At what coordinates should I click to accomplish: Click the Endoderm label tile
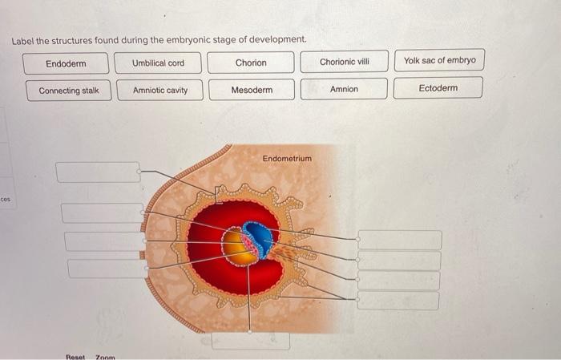tap(66, 63)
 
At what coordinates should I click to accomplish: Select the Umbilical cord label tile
tap(158, 63)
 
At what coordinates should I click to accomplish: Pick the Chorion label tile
tap(251, 63)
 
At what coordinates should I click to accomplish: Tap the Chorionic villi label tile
tap(344, 62)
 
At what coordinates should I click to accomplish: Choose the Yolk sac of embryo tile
tap(438, 61)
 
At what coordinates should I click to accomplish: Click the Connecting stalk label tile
tap(69, 91)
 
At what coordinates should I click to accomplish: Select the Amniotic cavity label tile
tap(160, 90)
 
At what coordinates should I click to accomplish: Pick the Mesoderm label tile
tap(252, 90)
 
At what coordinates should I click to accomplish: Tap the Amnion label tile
tap(344, 89)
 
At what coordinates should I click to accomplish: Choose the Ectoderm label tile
tap(438, 88)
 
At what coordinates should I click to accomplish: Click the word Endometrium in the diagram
tap(287, 159)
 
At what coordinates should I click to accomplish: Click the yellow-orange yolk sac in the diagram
tap(238, 248)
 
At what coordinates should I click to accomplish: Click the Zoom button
tap(106, 355)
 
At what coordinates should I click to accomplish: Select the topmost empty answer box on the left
tap(98, 172)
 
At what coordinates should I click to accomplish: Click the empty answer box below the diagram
tap(250, 340)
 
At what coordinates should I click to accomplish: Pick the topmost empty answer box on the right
tap(399, 240)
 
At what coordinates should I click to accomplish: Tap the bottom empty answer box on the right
tap(398, 301)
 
